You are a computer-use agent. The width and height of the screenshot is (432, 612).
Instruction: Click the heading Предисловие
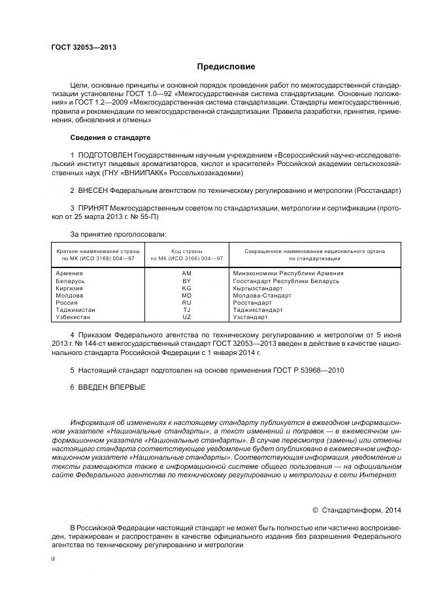point(226,67)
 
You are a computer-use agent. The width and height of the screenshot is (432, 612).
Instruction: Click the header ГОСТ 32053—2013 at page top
point(80,47)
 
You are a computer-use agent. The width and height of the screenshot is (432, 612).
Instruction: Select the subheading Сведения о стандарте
point(110,138)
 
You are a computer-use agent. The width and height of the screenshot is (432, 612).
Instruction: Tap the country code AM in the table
point(186,273)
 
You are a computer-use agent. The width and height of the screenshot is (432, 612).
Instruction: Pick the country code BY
point(186,280)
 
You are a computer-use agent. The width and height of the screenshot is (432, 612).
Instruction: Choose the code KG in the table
point(186,288)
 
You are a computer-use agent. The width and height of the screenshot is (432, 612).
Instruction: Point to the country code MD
point(186,296)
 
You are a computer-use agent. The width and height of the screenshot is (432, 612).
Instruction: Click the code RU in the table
point(186,303)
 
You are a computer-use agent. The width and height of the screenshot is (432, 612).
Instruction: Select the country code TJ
point(186,310)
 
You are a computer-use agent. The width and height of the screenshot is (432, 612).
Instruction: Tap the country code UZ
point(186,317)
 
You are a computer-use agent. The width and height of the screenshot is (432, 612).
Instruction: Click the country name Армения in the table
point(69,273)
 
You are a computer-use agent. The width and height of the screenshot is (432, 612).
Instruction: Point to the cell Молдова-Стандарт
point(262,296)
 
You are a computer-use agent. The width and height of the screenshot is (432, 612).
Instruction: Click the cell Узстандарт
point(251,317)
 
